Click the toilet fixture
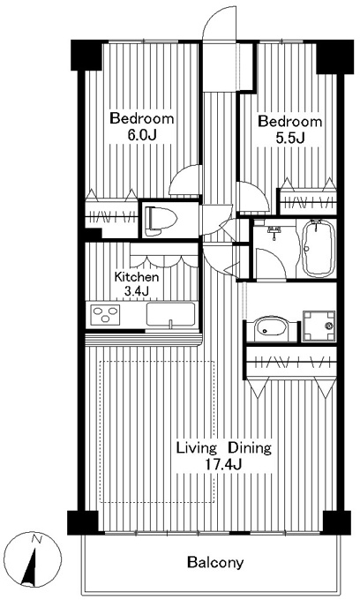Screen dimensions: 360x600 (x=160, y=221)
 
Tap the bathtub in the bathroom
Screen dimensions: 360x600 (x=319, y=248)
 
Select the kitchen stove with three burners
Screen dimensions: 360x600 (x=105, y=315)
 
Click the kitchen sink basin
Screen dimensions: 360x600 (x=170, y=314)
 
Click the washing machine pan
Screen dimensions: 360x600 (x=319, y=326)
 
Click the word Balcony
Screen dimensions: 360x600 (x=215, y=562)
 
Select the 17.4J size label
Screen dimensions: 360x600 (x=223, y=464)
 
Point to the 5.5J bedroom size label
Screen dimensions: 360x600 (x=289, y=138)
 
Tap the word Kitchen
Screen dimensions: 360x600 (x=137, y=276)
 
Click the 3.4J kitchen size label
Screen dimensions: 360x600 (x=136, y=291)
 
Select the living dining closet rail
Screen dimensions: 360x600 (x=291, y=361)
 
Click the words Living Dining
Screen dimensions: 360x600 (x=224, y=447)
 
